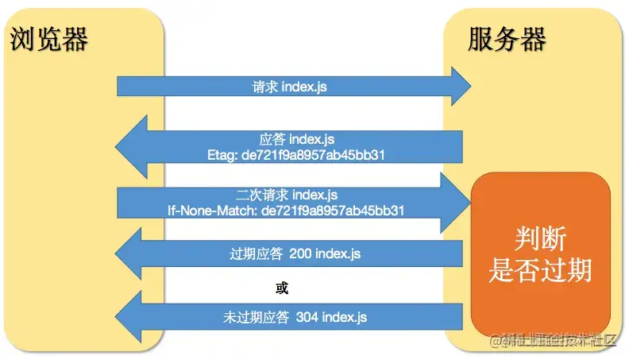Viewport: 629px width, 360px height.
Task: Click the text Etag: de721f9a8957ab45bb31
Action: tap(295, 155)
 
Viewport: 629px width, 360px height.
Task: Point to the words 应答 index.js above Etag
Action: tap(295, 139)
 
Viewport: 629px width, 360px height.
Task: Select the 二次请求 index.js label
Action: tap(287, 195)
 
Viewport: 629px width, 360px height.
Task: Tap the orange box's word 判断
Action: tap(539, 238)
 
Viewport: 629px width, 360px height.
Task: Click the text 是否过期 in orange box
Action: tap(539, 270)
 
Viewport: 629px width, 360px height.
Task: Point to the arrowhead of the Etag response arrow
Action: tap(131, 146)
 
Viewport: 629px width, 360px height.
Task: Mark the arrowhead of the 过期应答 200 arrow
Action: tap(131, 254)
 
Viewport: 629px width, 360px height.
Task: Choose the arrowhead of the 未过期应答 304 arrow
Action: tap(131, 317)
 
